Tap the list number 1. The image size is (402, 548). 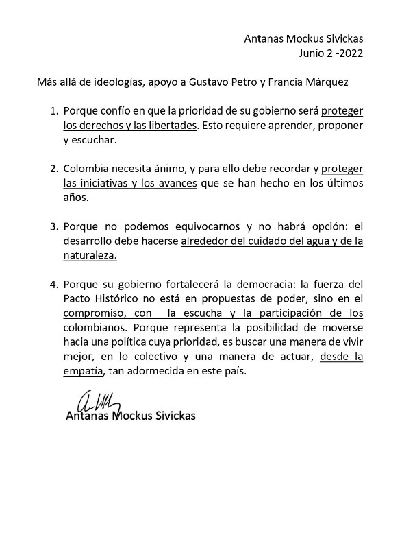point(53,110)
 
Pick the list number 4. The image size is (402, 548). point(53,283)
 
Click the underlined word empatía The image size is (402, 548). point(82,370)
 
